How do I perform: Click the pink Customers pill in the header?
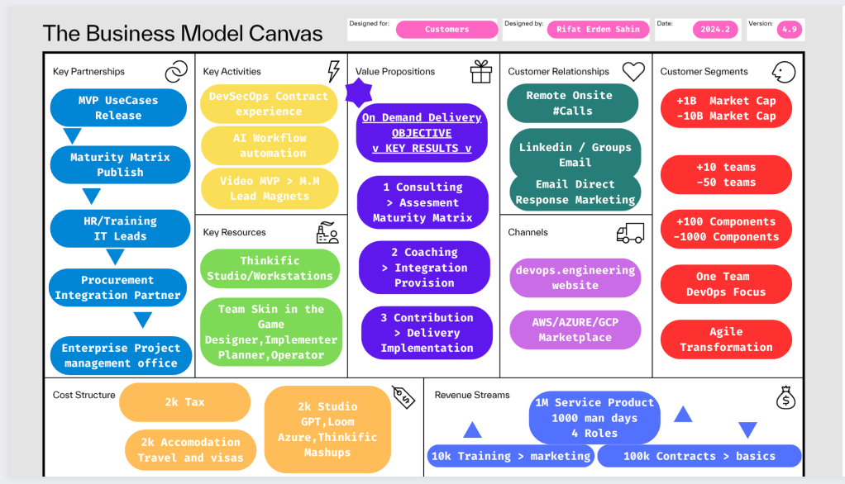click(446, 30)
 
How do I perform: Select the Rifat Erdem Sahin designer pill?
click(598, 30)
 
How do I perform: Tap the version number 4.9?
click(790, 30)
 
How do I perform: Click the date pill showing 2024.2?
click(715, 30)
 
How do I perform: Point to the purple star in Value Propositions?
click(358, 93)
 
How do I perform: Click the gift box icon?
click(480, 72)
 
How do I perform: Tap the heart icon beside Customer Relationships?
click(633, 71)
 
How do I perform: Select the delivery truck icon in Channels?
click(630, 233)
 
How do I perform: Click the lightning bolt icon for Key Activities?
click(333, 71)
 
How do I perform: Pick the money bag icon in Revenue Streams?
click(785, 398)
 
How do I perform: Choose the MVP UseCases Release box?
click(118, 107)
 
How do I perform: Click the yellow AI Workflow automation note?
click(270, 145)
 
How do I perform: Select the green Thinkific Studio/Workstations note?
click(270, 268)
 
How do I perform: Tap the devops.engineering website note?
click(575, 278)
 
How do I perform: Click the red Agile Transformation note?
click(726, 339)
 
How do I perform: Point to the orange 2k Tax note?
click(185, 402)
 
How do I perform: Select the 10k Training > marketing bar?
click(510, 456)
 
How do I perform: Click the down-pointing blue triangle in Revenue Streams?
click(748, 429)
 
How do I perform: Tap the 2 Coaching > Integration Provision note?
click(425, 268)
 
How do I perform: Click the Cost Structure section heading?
click(84, 395)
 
